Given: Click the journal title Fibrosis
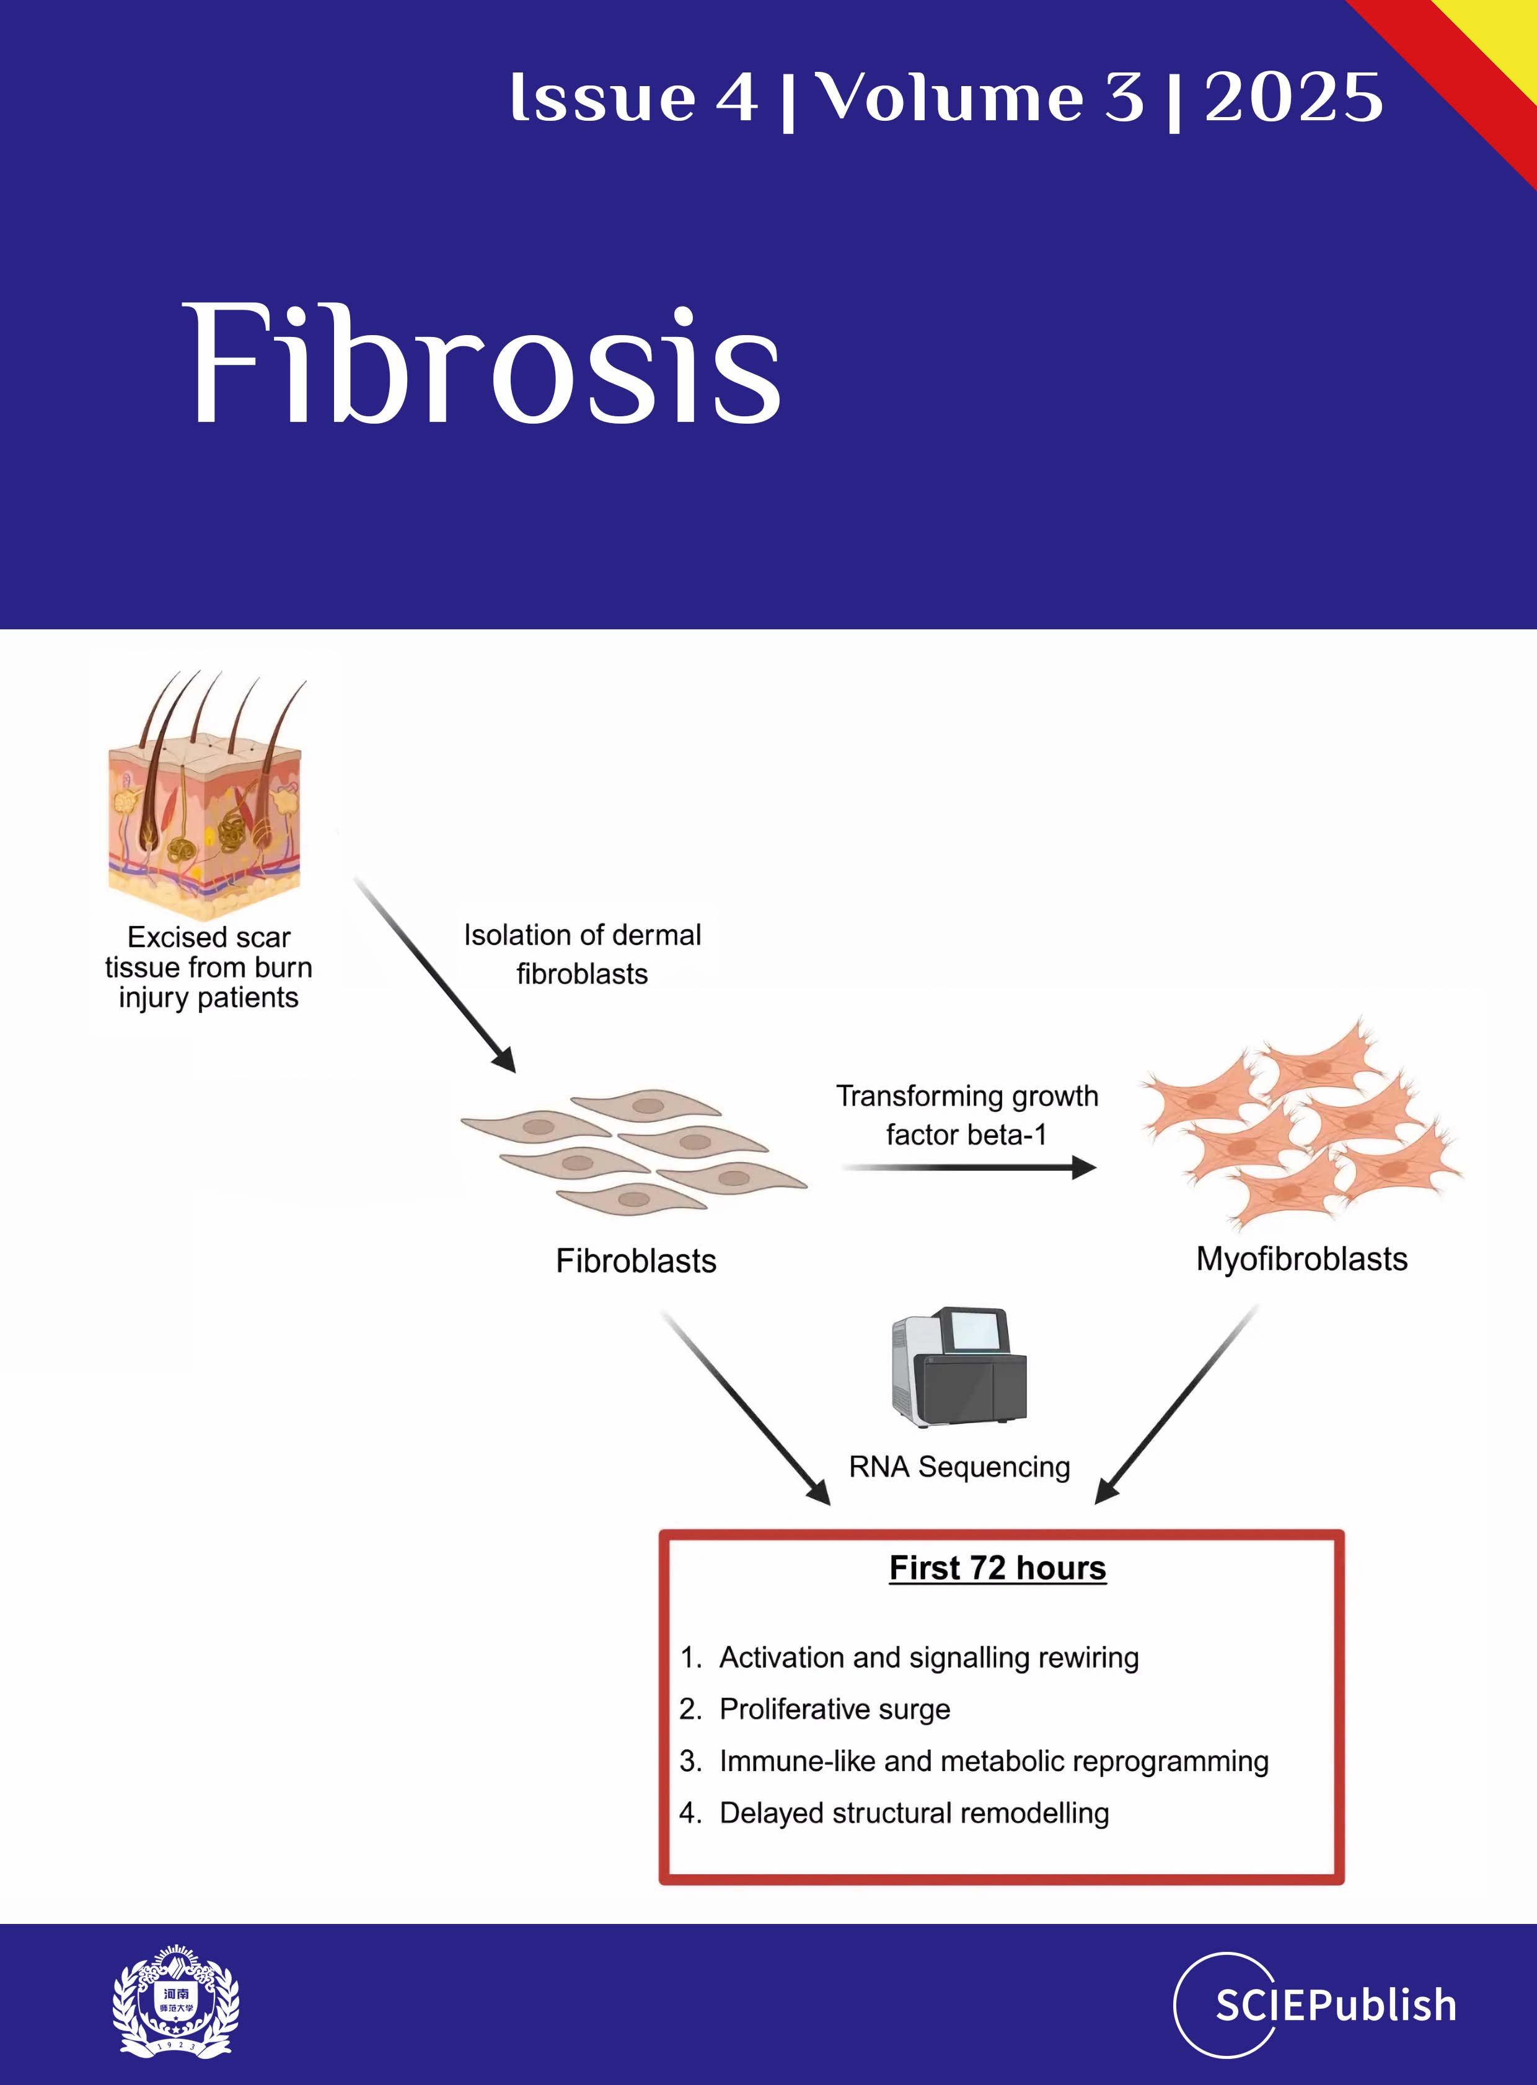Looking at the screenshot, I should [x=484, y=365].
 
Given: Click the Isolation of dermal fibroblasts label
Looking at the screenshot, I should [x=583, y=954].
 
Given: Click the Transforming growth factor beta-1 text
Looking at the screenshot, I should [x=967, y=1115].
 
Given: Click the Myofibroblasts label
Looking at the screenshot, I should [x=1301, y=1259].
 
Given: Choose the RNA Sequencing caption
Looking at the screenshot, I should [x=959, y=1467].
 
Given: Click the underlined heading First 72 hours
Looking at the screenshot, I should [x=997, y=1568].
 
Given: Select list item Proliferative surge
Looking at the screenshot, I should [x=835, y=1709].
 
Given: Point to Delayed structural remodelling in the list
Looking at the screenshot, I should [x=914, y=1812].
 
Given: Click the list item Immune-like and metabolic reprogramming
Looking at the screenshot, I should [x=993, y=1762].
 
